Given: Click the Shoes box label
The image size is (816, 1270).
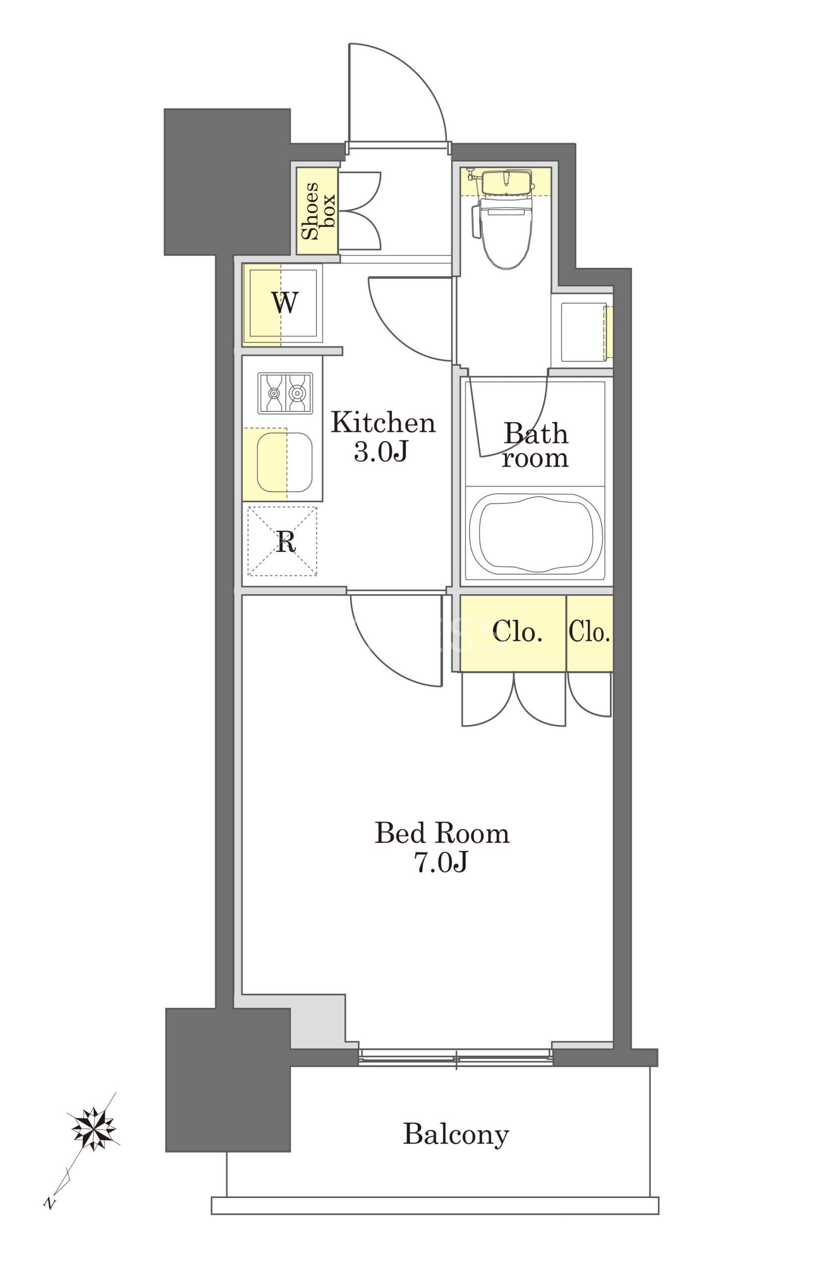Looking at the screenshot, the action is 318,210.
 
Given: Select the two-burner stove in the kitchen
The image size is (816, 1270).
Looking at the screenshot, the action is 285,393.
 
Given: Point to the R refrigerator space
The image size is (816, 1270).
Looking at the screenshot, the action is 282,541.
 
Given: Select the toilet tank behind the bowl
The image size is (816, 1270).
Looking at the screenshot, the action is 505,182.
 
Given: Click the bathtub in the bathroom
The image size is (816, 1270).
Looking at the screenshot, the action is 536,535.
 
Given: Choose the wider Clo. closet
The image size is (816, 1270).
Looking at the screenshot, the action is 513,633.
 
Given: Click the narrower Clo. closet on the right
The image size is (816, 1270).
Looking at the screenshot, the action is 590,633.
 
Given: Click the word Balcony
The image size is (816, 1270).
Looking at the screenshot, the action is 456,1135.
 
